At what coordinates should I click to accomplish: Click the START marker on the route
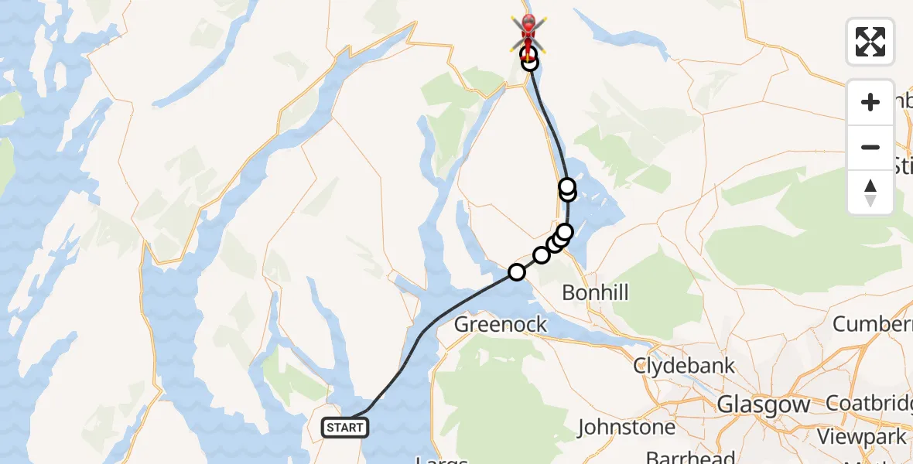click(x=344, y=427)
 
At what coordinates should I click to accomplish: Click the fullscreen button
click(x=870, y=42)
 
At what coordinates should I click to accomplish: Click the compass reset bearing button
click(x=870, y=193)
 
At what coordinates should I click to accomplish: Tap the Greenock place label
click(x=501, y=324)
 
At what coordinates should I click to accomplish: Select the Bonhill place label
click(x=595, y=293)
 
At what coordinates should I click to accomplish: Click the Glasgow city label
click(x=763, y=404)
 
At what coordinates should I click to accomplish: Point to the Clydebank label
click(x=684, y=366)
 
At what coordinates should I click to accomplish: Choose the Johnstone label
click(x=626, y=427)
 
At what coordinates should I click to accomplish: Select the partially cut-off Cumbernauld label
click(x=872, y=324)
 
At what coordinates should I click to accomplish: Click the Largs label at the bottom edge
click(x=442, y=461)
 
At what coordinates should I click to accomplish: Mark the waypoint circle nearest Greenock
click(x=516, y=271)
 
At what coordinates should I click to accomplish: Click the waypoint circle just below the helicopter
click(x=529, y=63)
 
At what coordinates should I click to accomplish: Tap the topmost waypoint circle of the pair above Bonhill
click(x=567, y=186)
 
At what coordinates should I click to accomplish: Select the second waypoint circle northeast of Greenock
click(x=542, y=254)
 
